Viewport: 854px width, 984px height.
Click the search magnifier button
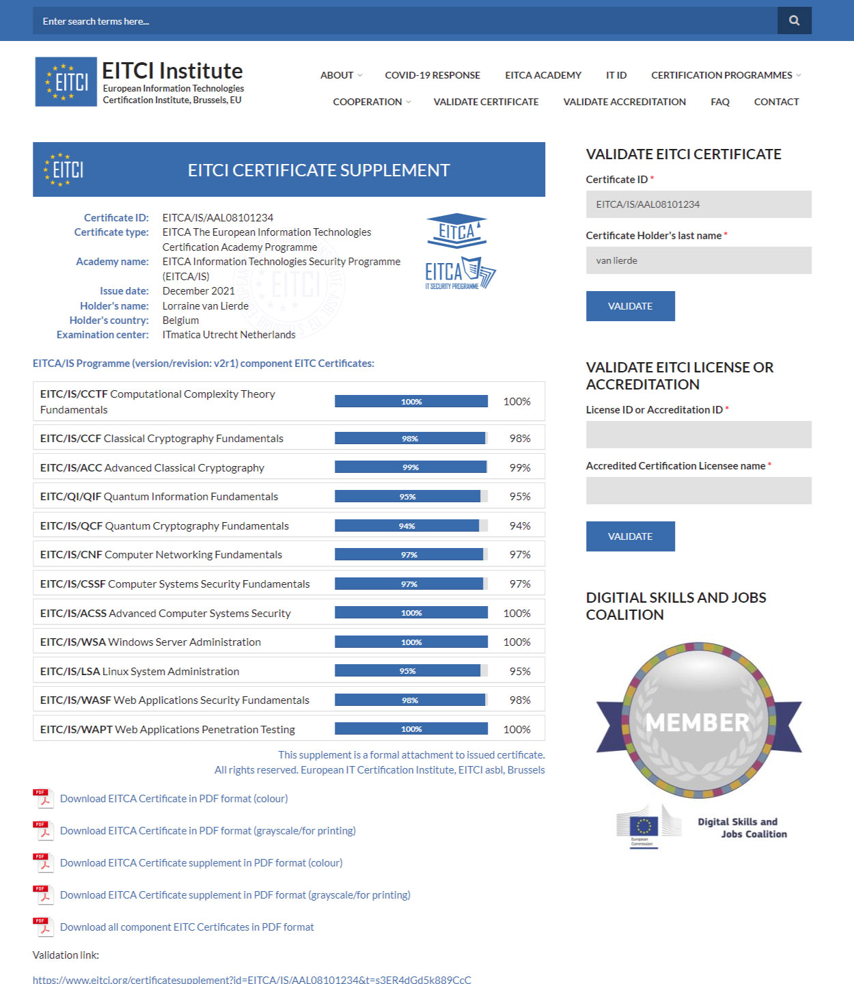(794, 20)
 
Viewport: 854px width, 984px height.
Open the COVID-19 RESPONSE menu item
(432, 75)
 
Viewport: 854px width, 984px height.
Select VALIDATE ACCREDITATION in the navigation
(624, 102)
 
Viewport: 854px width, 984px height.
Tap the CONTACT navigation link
(776, 102)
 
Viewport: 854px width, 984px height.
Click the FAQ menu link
(719, 102)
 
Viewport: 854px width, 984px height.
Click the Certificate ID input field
(698, 204)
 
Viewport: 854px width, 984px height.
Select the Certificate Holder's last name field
(698, 260)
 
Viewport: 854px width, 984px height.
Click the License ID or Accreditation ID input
(698, 435)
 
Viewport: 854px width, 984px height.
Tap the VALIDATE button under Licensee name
(630, 536)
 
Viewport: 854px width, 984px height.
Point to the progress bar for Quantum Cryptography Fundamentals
(411, 525)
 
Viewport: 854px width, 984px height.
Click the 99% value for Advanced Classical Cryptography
(520, 468)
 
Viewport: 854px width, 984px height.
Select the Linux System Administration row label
(139, 672)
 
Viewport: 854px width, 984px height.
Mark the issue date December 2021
(198, 291)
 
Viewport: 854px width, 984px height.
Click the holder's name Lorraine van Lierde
(205, 306)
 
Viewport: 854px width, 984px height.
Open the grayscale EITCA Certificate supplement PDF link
(235, 895)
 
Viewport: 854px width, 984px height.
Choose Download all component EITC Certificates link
(187, 927)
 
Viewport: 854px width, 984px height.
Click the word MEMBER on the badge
(698, 722)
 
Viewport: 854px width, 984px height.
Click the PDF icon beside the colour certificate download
(43, 799)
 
